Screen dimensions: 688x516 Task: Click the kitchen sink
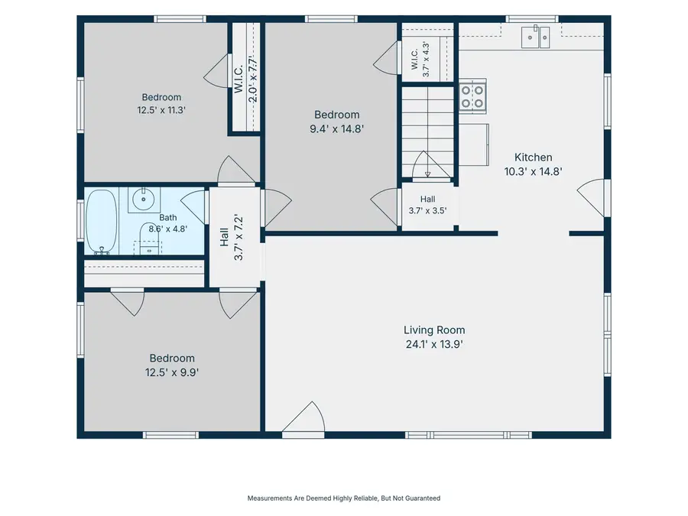click(535, 37)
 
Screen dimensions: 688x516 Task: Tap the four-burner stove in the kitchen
click(472, 96)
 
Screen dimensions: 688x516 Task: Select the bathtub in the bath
click(102, 222)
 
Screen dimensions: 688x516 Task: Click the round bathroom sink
click(144, 200)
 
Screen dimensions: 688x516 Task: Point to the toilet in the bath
click(149, 239)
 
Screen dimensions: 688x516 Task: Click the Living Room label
click(434, 330)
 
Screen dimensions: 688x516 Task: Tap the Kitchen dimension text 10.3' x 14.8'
click(533, 171)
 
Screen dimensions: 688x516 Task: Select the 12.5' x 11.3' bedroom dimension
click(161, 110)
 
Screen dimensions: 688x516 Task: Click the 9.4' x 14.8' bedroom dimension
click(337, 129)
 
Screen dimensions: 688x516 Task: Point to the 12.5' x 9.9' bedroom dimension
click(172, 372)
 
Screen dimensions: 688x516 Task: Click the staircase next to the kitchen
click(428, 131)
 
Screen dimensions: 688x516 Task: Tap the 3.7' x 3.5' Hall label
click(428, 205)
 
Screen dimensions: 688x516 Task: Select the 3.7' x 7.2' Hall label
click(231, 238)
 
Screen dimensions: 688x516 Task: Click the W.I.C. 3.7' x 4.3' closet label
click(420, 59)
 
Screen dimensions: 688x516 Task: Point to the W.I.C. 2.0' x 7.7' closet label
click(245, 80)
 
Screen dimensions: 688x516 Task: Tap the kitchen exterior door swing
click(591, 198)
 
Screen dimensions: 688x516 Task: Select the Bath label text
click(168, 218)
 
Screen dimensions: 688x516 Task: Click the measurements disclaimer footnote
click(343, 498)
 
